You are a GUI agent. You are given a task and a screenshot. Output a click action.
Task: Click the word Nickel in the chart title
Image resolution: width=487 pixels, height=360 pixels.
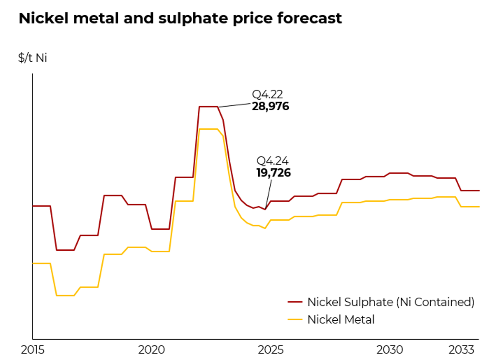[x=43, y=18]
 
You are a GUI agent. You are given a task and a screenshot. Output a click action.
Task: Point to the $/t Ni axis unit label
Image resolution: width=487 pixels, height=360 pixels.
[x=32, y=58]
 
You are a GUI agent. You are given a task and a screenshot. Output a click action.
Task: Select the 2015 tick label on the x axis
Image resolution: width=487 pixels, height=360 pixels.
[x=32, y=350]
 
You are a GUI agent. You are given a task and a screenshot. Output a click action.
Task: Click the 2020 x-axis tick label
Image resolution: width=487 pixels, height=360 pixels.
[x=151, y=350]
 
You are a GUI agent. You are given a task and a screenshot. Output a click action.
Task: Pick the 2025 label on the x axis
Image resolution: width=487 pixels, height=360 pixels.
[x=270, y=350]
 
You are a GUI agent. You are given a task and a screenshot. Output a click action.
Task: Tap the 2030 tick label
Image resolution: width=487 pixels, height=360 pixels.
[x=389, y=350]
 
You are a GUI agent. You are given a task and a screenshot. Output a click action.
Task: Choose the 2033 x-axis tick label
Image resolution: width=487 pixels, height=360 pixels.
[x=461, y=350]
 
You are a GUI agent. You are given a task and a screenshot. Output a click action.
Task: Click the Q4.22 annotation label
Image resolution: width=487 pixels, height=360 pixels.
[x=267, y=94]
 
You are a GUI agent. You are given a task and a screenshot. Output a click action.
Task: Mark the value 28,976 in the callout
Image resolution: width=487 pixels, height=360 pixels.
[x=270, y=106]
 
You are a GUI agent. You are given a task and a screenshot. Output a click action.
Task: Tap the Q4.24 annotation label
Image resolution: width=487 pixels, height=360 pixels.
[x=272, y=161]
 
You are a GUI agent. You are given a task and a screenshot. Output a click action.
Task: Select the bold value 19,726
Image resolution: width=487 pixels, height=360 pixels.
[x=274, y=172]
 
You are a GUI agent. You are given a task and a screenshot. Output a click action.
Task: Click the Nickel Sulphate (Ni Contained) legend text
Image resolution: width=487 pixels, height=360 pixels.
[x=391, y=302]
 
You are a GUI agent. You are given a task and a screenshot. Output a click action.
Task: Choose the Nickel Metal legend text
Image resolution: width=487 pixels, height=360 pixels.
[x=341, y=320]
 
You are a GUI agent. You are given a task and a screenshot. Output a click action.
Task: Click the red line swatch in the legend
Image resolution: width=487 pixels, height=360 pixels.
[x=295, y=302]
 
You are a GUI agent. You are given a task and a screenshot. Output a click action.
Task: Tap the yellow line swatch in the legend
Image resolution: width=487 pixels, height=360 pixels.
[x=295, y=320]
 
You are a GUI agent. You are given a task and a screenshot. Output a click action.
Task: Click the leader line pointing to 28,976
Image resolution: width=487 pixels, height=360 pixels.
[x=235, y=105]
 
